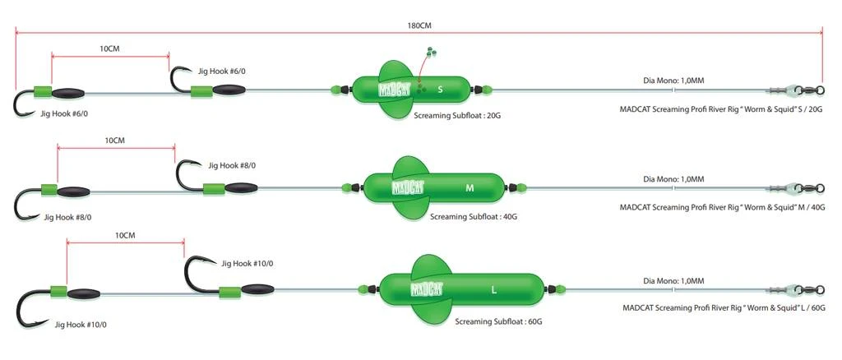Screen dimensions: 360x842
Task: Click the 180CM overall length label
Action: click(419, 25)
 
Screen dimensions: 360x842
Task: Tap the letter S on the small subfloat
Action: click(441, 89)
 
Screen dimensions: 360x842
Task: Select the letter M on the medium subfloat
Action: click(470, 188)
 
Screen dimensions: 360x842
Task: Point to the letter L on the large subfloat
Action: click(493, 290)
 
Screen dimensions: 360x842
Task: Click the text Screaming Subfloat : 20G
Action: click(457, 117)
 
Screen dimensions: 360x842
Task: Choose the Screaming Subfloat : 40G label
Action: click(473, 217)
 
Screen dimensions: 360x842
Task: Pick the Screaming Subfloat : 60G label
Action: click(498, 321)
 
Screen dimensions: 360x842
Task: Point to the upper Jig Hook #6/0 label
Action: click(220, 72)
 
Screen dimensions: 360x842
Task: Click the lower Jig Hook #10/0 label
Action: click(81, 324)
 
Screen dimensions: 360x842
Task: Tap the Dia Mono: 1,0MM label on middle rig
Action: click(673, 178)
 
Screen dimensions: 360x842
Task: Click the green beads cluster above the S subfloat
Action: click(431, 53)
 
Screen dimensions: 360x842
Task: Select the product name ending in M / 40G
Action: click(721, 208)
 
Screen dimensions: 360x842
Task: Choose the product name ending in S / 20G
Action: click(721, 108)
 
